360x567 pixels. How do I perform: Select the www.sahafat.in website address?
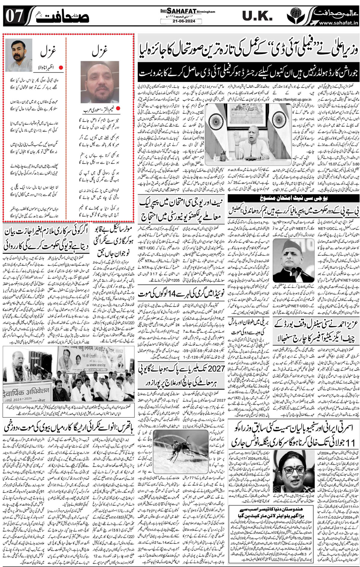coord(338,23)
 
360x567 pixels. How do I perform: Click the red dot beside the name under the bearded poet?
coord(61,68)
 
